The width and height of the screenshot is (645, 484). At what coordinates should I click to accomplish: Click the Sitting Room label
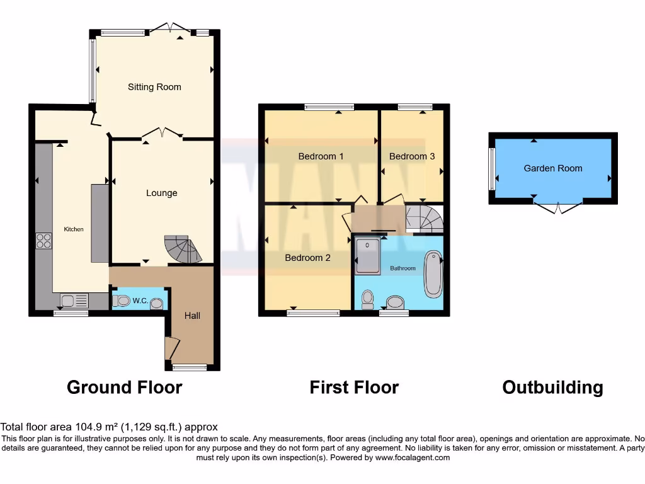(x=154, y=87)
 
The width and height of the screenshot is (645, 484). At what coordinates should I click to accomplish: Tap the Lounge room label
(x=162, y=193)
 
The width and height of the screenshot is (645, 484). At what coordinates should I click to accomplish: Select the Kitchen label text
(x=74, y=229)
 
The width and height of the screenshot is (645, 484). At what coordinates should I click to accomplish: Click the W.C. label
(x=140, y=301)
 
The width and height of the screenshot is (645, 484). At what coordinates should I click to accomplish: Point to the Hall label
(x=192, y=315)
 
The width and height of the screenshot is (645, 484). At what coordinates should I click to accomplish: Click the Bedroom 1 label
(x=321, y=156)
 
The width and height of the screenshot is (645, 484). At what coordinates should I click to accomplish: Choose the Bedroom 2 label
(x=308, y=257)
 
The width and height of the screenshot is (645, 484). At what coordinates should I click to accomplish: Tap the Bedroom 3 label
(x=412, y=156)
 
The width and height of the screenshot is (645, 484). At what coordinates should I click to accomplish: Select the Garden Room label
(x=553, y=168)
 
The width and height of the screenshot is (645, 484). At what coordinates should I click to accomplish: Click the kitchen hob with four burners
(x=43, y=240)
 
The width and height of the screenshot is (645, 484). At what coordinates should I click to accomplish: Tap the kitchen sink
(x=74, y=301)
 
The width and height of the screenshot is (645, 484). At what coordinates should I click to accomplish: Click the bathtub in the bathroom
(x=433, y=274)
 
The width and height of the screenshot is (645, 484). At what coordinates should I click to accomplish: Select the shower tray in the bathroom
(x=368, y=256)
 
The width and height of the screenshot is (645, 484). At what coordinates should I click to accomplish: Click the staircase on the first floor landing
(x=424, y=217)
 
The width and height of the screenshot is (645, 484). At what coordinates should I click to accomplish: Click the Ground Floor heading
(x=124, y=387)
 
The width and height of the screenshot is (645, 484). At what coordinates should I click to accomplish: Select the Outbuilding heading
(x=552, y=387)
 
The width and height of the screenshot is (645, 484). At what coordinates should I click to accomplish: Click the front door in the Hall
(x=171, y=349)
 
